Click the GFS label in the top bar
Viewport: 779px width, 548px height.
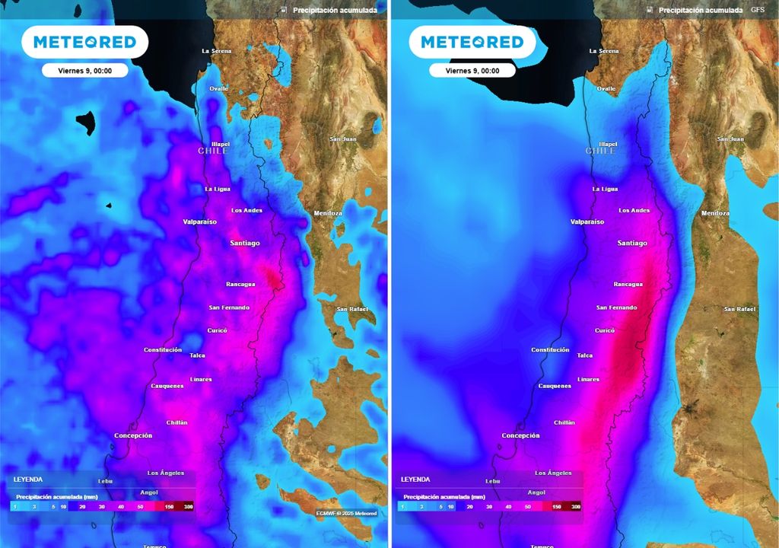(758, 10)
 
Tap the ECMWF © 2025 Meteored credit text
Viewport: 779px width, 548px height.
(347, 513)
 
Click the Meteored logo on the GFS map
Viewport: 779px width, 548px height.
(472, 42)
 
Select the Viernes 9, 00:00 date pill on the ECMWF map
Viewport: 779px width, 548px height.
(85, 70)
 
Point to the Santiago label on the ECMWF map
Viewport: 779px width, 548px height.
(245, 243)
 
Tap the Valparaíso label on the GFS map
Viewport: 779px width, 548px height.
(587, 222)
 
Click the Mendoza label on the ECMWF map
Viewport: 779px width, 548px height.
(328, 213)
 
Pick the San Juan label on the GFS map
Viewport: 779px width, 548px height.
(730, 139)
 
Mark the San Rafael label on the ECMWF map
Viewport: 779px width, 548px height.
(352, 309)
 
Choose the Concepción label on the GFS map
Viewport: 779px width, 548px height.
(520, 436)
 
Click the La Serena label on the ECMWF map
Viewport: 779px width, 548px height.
(217, 51)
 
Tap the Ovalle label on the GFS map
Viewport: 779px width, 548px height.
(606, 88)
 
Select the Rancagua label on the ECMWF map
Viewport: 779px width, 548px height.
(240, 285)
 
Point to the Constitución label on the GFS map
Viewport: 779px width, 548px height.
(550, 350)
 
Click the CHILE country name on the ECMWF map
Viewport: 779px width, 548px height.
(213, 151)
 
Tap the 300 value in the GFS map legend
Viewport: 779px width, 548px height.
(575, 506)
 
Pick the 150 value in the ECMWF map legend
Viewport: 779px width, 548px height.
(169, 506)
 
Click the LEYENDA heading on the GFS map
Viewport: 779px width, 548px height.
(415, 479)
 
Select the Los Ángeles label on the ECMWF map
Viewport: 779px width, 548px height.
(166, 473)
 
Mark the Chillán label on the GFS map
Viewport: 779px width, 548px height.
(564, 422)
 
